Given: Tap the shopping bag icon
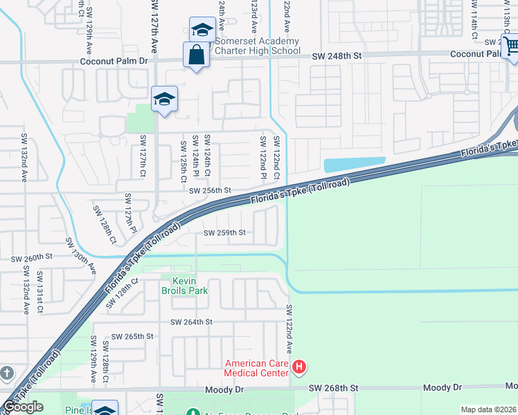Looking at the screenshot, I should click(x=196, y=55).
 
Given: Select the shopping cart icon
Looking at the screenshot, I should click(x=511, y=46).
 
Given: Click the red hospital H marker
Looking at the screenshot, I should click(x=299, y=367).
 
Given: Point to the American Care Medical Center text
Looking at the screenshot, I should click(x=256, y=368).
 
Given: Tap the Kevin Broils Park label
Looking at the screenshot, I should click(x=184, y=286).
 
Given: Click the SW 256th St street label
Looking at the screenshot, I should click(x=210, y=190).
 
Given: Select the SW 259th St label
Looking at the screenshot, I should click(x=224, y=233).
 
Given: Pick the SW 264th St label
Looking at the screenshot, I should click(x=191, y=322).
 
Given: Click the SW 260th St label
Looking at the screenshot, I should click(x=31, y=257).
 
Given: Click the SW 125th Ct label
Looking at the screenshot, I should click(x=184, y=162).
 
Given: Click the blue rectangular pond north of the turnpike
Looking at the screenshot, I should click(x=354, y=165).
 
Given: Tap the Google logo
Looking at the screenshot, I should click(x=23, y=407).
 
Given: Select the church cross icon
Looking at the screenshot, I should click(x=6, y=373).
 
